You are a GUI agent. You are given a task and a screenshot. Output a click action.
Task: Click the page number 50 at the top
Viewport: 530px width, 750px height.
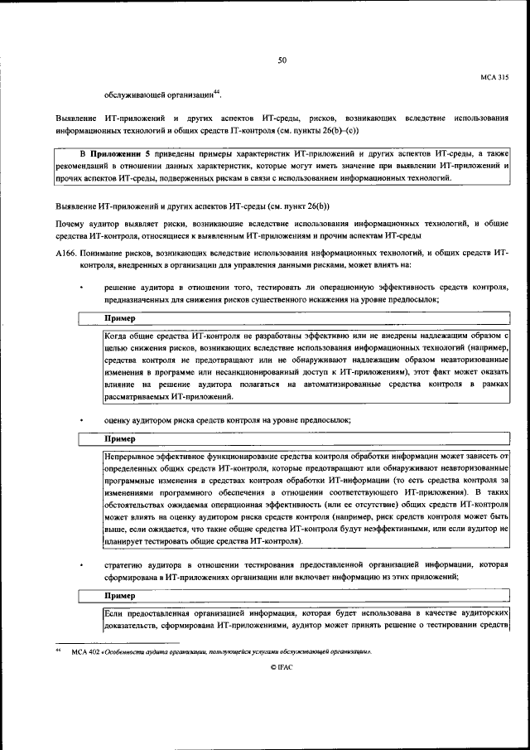[x=282, y=60]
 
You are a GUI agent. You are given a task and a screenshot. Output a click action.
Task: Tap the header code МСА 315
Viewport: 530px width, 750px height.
[x=494, y=76]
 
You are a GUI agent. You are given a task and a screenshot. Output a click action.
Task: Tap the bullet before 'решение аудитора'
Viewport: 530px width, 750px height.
[x=80, y=287]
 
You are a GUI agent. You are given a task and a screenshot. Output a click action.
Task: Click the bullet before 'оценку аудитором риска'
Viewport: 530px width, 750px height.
[x=80, y=422]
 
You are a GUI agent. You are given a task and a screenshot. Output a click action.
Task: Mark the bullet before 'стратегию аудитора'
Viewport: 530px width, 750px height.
[x=80, y=565]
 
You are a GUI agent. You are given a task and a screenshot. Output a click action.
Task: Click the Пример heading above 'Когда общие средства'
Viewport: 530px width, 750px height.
[x=120, y=317]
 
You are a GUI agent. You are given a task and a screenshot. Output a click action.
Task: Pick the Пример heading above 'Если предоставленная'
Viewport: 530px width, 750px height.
[x=120, y=595]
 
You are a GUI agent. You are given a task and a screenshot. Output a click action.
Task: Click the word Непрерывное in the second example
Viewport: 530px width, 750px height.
[x=132, y=456]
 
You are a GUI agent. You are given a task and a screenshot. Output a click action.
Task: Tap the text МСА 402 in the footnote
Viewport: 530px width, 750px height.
[x=85, y=652]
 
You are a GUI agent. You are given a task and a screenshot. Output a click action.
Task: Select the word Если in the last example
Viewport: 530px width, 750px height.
[x=114, y=612]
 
